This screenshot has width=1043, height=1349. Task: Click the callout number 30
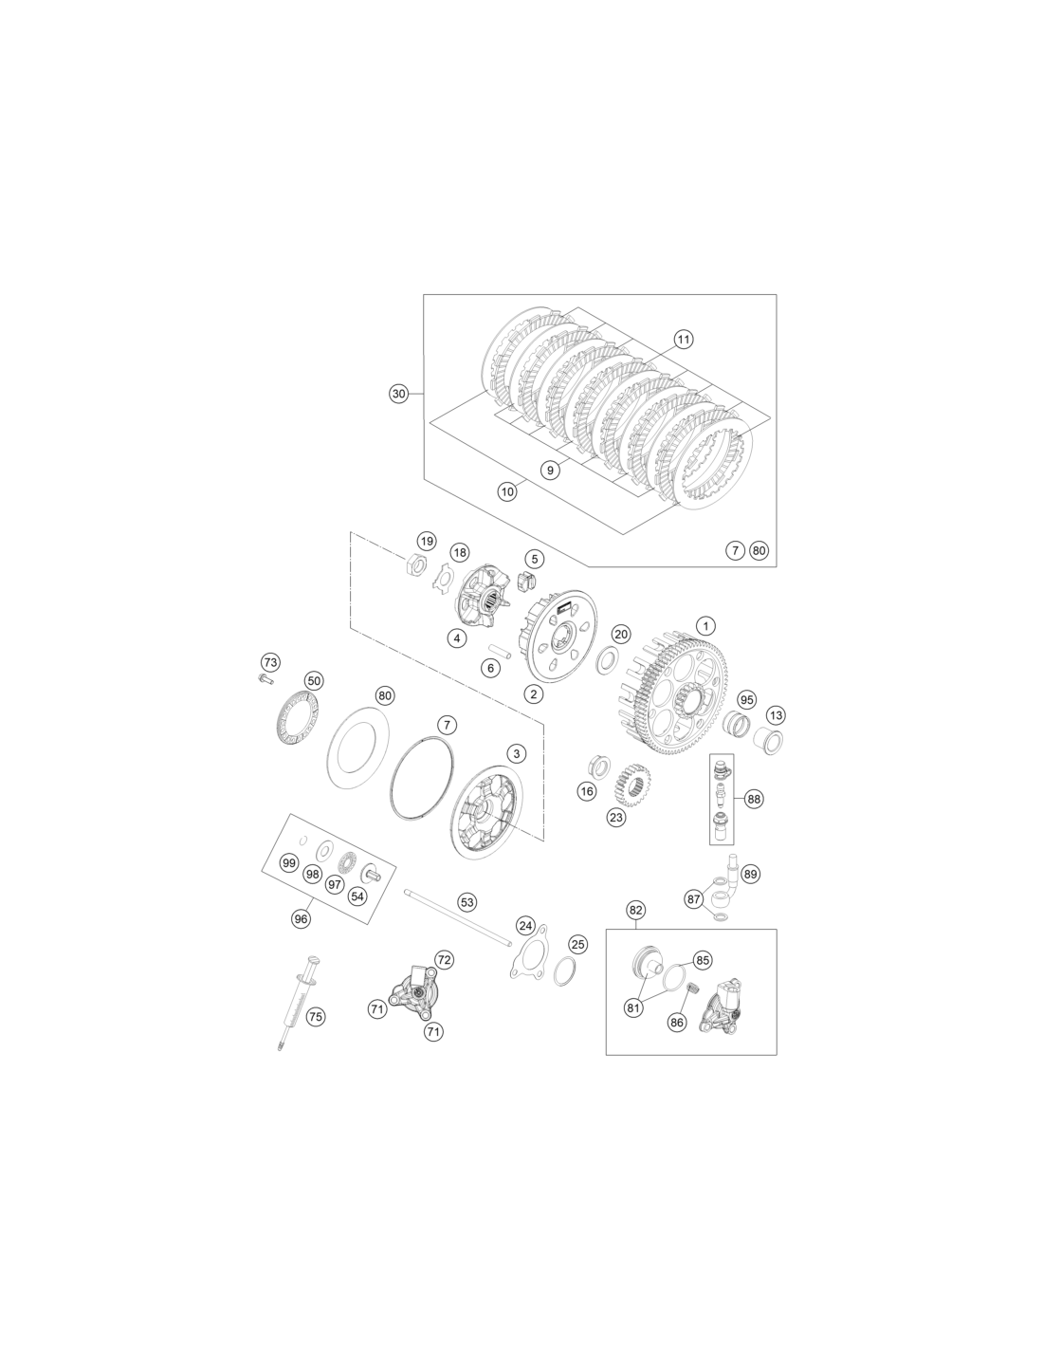coord(399,393)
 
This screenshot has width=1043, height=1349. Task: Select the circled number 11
coord(683,340)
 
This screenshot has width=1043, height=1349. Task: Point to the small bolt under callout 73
coord(265,678)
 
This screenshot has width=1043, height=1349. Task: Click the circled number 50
coord(315,680)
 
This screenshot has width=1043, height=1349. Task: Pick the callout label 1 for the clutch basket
coord(705,625)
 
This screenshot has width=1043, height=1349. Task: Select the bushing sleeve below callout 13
coord(768,741)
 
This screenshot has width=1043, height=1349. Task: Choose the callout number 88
coord(754,799)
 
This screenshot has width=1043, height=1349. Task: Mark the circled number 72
coord(444,959)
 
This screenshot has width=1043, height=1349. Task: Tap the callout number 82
coord(636,910)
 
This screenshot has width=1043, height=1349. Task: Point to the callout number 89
coord(750,874)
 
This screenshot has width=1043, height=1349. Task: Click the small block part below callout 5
coord(525,581)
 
